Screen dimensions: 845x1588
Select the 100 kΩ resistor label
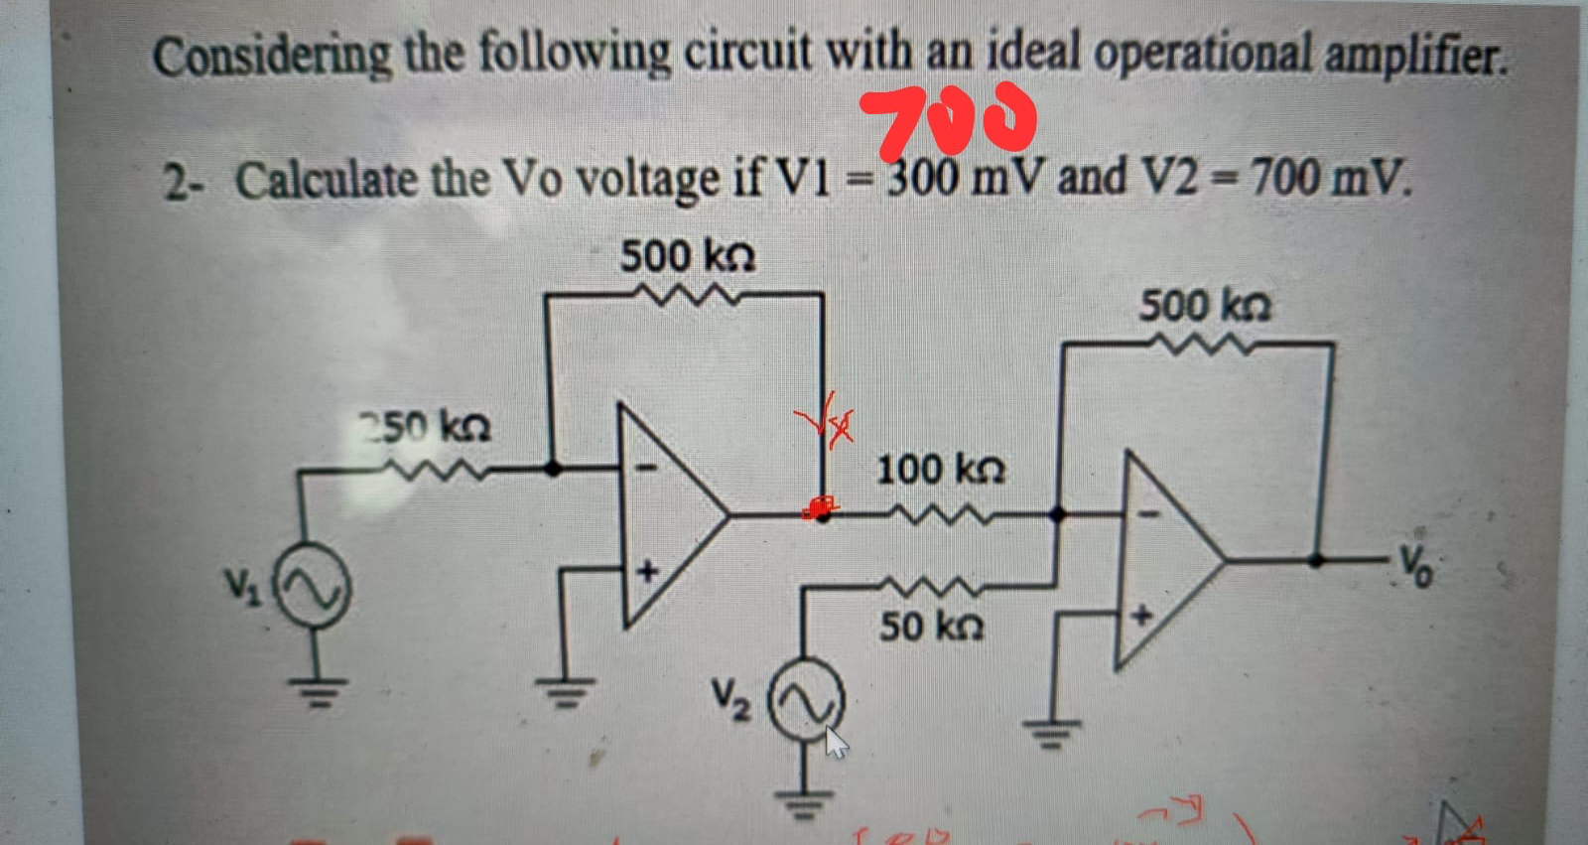point(939,469)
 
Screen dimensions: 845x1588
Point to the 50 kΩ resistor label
point(931,627)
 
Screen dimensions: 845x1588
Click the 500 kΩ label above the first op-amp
point(687,257)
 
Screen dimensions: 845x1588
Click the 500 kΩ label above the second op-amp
point(1204,305)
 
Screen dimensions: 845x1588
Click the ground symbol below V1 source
point(317,685)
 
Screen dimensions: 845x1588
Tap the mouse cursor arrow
point(836,742)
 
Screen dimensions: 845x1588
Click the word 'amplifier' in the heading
point(1416,56)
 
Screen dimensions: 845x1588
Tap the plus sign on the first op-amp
point(647,571)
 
